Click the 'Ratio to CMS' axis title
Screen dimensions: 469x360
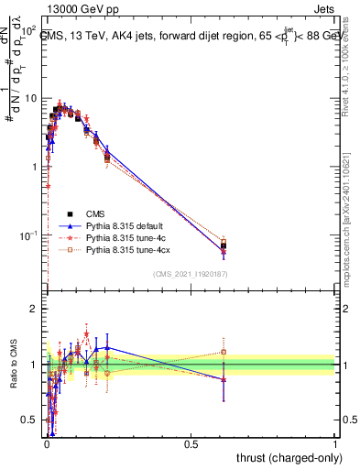point(14,365)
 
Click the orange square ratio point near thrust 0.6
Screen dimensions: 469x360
point(224,352)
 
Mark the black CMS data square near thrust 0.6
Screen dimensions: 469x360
point(224,245)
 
